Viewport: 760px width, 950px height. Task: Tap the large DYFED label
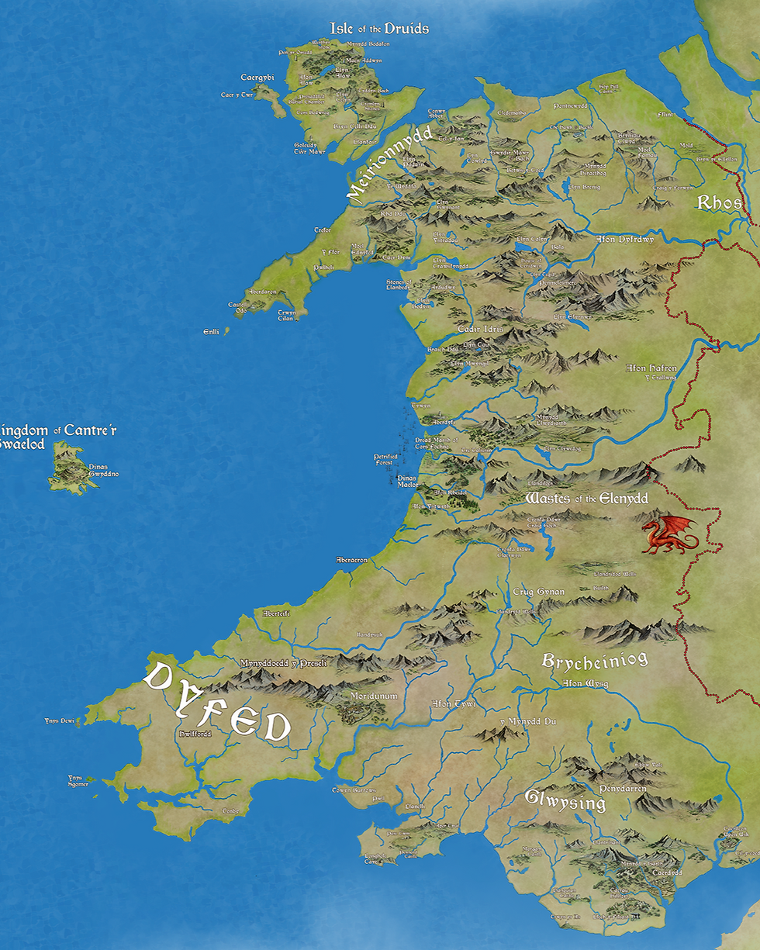point(217,702)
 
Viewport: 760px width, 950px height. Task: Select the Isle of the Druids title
point(379,29)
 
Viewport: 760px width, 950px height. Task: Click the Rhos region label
point(720,203)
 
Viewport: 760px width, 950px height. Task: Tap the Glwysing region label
point(565,800)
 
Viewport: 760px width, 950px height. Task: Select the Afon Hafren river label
point(651,368)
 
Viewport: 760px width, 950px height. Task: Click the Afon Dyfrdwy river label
point(625,240)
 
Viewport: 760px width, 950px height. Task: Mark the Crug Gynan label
point(539,592)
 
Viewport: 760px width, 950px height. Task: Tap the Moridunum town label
point(374,696)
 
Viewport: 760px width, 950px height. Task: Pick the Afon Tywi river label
point(453,704)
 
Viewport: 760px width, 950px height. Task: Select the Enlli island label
point(211,331)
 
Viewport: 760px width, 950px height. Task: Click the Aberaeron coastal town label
point(351,560)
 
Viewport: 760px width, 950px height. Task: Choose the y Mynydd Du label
point(527,721)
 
